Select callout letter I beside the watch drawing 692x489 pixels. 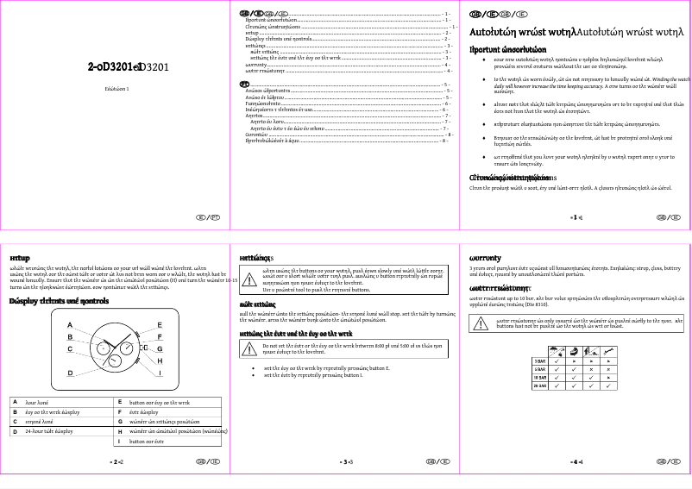point(160,373)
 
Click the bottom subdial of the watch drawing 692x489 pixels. point(115,362)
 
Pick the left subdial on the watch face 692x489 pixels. point(101,349)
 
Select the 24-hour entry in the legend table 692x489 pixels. point(52,429)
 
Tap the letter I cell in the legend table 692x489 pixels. point(120,441)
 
